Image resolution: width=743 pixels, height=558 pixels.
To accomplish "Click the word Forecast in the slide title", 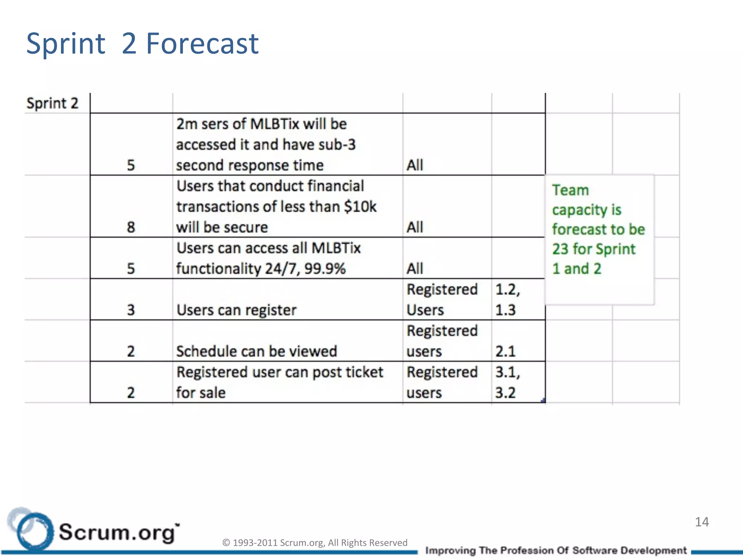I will [x=202, y=44].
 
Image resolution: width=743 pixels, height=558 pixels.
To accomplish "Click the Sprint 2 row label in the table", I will [x=52, y=104].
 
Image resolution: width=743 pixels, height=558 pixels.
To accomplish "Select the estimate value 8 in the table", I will [x=131, y=227].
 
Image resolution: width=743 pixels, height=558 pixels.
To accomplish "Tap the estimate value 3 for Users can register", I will [x=131, y=310].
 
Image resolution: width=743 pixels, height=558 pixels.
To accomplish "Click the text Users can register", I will [x=237, y=310].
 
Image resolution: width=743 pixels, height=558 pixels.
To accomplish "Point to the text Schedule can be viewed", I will [x=256, y=351].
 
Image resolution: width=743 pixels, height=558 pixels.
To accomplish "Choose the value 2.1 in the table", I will [x=505, y=351].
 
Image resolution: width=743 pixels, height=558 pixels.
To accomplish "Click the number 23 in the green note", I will [x=560, y=249].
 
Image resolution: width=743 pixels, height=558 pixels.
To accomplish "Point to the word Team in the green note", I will [x=570, y=190].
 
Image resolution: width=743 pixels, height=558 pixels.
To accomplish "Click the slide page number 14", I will [x=702, y=522].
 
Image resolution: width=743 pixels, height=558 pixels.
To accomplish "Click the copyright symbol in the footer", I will [x=226, y=543].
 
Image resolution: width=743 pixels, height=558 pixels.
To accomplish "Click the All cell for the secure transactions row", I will [x=415, y=227].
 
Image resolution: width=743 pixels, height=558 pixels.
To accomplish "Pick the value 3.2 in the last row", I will [x=505, y=393].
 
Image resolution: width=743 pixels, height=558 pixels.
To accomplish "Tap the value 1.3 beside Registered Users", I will [x=505, y=310].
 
